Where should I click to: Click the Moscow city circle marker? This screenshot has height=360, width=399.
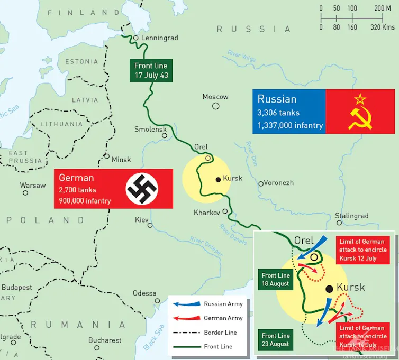coord(216,106)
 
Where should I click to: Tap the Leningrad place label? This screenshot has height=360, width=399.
coord(159,38)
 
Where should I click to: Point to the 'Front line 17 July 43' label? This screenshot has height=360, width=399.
coord(151,70)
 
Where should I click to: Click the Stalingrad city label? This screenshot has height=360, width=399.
coord(352,216)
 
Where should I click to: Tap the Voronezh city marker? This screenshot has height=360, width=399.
coord(261,184)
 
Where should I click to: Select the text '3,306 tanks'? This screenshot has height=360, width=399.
coord(278,113)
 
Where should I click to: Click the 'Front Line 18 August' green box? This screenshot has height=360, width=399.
coord(276,280)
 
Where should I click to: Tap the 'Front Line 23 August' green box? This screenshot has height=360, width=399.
coord(276,339)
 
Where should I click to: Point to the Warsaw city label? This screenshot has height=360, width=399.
coord(33,186)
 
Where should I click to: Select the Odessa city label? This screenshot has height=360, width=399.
coord(144,293)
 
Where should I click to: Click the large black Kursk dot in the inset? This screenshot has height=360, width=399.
coord(330,289)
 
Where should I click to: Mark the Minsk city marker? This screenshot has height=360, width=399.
coord(107,157)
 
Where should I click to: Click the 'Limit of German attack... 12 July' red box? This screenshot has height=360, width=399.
coord(362,250)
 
